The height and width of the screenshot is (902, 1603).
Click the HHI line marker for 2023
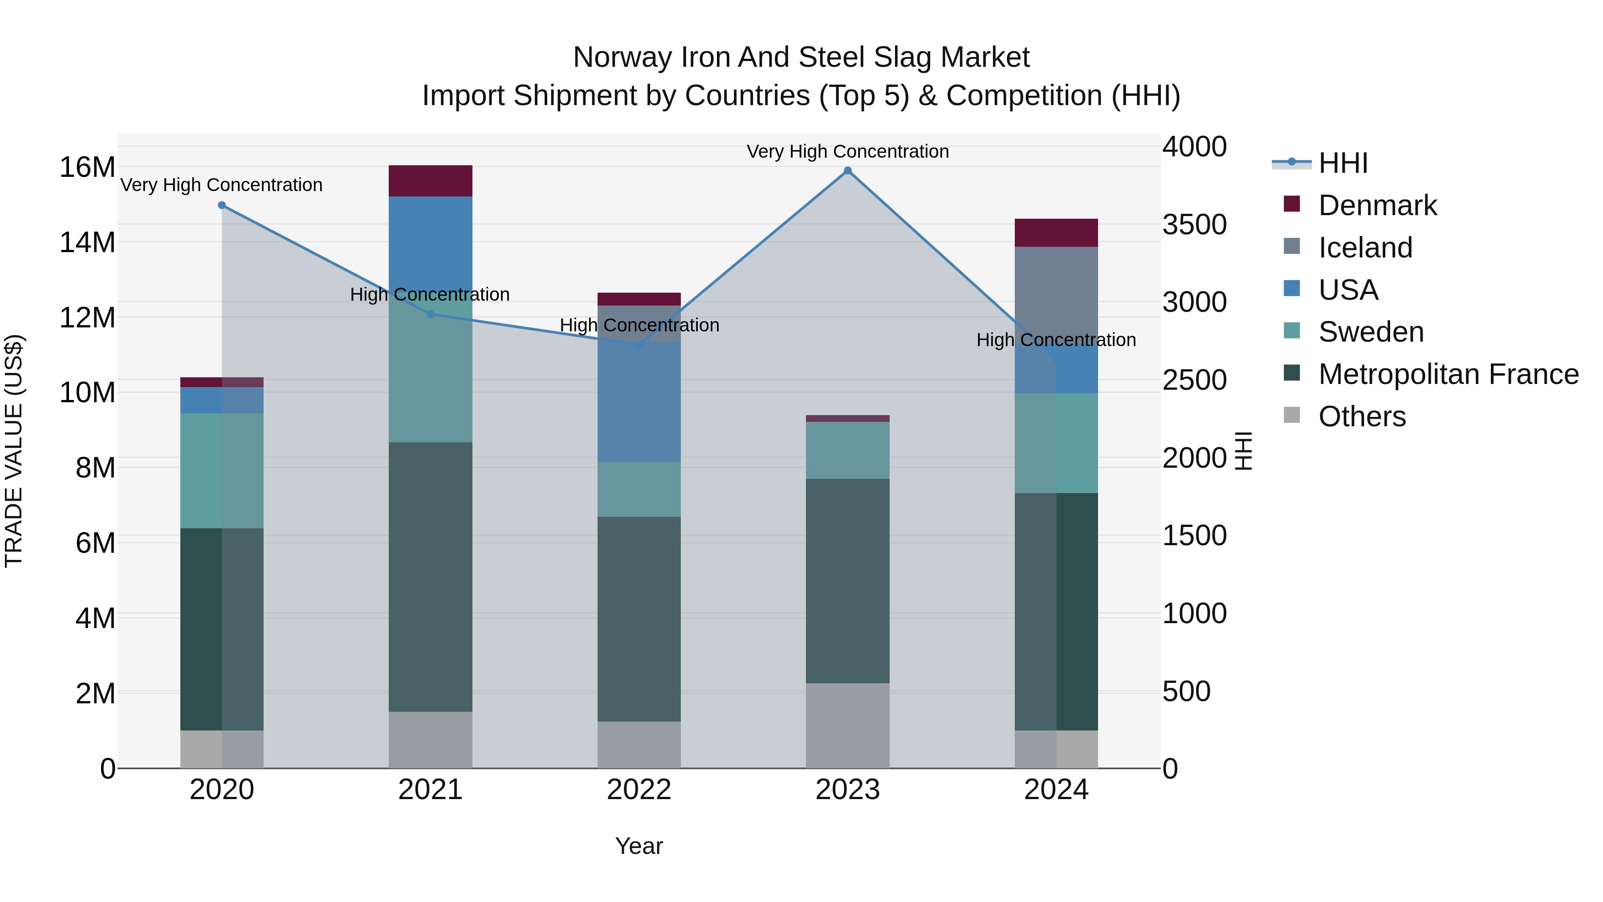point(847,171)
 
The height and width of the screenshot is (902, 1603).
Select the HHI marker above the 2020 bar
point(222,205)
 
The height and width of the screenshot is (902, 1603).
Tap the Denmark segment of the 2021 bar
point(431,181)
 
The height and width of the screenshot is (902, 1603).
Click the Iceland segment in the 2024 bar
point(1056,293)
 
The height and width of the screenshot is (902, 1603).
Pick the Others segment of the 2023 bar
point(847,726)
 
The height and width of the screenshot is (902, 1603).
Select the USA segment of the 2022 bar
point(639,401)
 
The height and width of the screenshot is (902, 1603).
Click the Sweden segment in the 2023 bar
point(847,450)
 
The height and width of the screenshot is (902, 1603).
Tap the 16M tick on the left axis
point(87,167)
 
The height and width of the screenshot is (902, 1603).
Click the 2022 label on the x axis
point(639,790)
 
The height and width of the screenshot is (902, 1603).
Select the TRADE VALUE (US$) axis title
point(14,451)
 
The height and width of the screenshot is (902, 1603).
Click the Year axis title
point(639,846)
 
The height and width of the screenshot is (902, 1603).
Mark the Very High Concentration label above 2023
point(847,151)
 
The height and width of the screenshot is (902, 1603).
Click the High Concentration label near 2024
point(1056,340)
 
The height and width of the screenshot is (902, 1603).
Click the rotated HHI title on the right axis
point(1243,451)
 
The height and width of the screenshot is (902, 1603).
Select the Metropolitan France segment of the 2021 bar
point(431,576)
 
